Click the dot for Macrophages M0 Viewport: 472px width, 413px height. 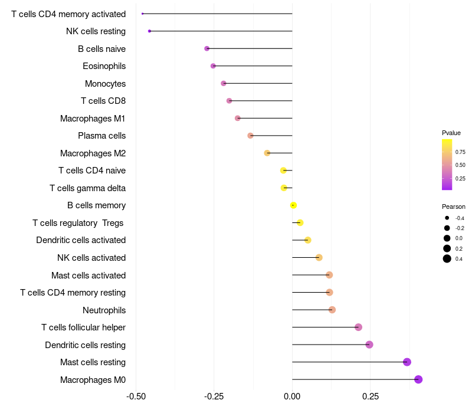418,379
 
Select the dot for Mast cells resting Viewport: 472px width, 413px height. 407,362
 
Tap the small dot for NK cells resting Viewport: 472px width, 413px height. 150,31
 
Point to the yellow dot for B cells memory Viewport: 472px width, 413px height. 293,205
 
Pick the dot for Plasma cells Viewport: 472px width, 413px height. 250,136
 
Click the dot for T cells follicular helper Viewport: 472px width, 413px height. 358,327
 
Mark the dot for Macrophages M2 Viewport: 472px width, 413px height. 267,153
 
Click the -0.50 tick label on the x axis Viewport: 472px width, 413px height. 136,396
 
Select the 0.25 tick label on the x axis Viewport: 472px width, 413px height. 371,396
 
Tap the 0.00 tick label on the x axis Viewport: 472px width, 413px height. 292,396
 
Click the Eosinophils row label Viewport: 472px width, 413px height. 104,66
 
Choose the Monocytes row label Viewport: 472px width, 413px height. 105,84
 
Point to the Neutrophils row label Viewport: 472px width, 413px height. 104,310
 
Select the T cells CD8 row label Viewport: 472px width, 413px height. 103,101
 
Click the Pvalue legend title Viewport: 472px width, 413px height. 451,133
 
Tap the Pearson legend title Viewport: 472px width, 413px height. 453,206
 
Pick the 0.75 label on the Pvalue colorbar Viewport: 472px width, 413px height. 460,152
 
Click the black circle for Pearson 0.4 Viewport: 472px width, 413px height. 447,258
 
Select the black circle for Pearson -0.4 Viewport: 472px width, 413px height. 447,218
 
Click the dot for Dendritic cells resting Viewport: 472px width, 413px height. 369,345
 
